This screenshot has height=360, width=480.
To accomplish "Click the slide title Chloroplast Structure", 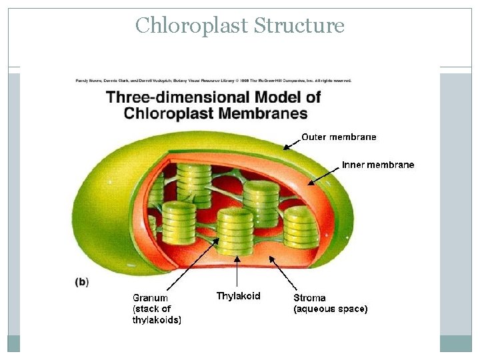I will click(x=239, y=25).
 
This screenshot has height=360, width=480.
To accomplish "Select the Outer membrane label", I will click(x=339, y=137).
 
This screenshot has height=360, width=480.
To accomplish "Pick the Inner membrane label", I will click(x=378, y=165).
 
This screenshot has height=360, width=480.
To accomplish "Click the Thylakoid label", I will click(x=238, y=296).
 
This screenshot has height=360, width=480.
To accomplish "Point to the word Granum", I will click(x=150, y=298).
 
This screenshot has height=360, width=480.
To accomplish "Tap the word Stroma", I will click(x=309, y=298).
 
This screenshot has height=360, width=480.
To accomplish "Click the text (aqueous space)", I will click(x=330, y=309).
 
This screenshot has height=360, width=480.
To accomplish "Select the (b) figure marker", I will click(x=81, y=282).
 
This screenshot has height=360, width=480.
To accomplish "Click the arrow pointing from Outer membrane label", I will click(x=291, y=142).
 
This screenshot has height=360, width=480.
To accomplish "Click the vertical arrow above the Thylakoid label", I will click(x=237, y=273).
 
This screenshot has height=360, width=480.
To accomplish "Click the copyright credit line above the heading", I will click(x=213, y=81).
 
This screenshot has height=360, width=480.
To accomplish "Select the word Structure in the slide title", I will click(x=299, y=25).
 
